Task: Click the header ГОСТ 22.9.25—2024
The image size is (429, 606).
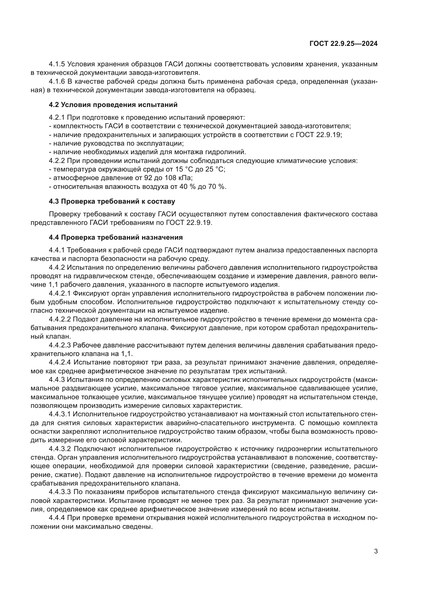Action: tap(343, 44)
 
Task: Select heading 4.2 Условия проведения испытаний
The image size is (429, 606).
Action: tap(113, 105)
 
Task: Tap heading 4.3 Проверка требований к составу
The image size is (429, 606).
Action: tap(112, 201)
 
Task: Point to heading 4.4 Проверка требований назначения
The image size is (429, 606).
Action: tap(116, 237)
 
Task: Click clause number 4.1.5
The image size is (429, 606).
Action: tap(57, 64)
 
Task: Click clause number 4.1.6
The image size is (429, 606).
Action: tap(57, 82)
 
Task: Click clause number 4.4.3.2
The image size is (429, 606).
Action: tap(60, 449)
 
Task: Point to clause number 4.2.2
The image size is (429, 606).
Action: tap(57, 161)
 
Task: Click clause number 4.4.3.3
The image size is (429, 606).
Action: tap(60, 492)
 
